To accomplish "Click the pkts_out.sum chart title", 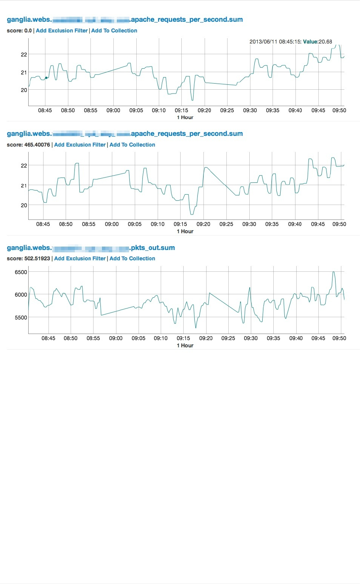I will point(91,248).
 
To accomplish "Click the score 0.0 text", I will point(19,31).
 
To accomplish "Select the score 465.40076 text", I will point(28,145).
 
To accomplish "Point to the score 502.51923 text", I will point(28,258).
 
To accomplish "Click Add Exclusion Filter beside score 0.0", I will point(62,31).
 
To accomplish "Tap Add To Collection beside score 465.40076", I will point(132,145).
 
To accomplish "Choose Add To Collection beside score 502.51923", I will point(132,258).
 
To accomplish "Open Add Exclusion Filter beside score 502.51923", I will point(80,258).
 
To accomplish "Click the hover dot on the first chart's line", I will point(46,78).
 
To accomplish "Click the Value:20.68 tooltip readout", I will point(318,42).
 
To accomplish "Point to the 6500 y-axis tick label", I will point(21,272).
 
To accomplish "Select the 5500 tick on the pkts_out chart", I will point(21,318).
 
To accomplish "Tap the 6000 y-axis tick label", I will point(21,295).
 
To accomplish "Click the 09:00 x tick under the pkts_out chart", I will point(116,338).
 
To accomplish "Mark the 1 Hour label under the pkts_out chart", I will point(185,345).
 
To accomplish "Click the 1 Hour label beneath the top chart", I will point(185,117).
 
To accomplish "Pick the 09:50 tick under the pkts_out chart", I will point(339,338).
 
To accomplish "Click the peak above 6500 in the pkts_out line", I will point(334,272).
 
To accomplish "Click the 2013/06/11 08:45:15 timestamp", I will point(275,42).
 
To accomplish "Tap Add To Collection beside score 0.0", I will point(114,31).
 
